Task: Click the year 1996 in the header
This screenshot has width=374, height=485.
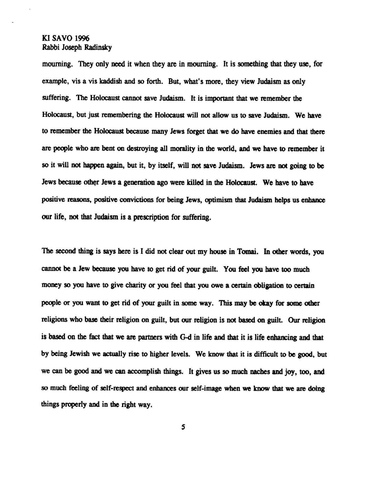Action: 82,39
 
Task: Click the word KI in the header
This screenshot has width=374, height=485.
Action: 45,39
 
